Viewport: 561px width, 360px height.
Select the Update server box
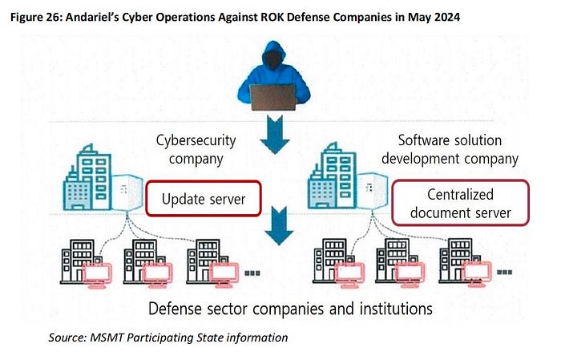[x=204, y=197]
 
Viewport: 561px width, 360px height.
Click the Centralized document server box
[x=461, y=204]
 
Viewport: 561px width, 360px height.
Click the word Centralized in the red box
[x=461, y=194]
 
